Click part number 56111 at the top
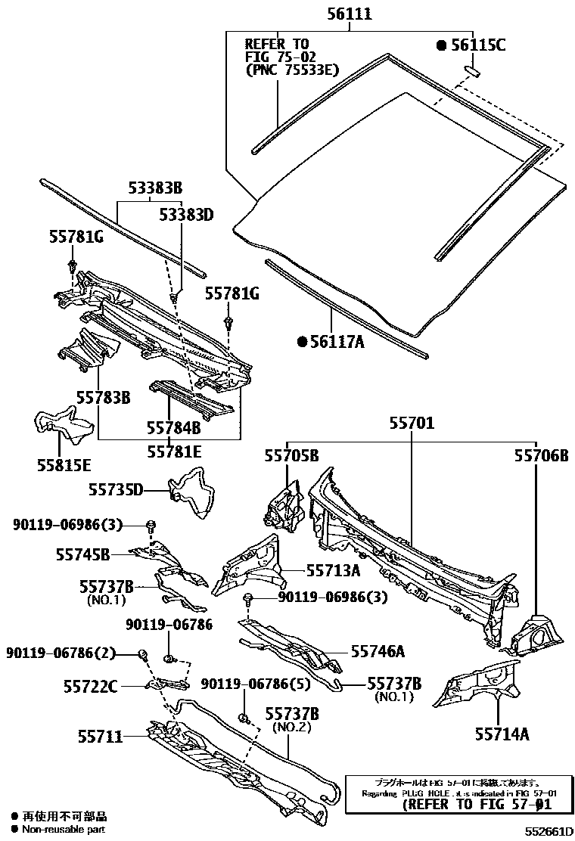click(350, 14)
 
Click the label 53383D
click(187, 216)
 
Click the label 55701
click(412, 424)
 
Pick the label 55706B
click(541, 455)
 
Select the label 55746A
click(376, 650)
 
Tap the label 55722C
click(90, 686)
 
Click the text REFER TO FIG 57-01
click(477, 805)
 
